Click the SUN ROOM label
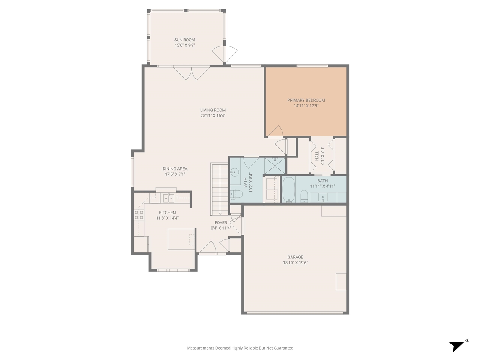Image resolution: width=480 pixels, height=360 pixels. (184, 40)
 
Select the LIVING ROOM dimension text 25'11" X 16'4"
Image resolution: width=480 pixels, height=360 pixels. (213, 116)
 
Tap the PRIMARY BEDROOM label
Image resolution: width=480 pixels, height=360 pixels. (306, 100)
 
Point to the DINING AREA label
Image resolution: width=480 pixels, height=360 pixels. (175, 169)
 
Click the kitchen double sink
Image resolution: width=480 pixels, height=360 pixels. (168, 198)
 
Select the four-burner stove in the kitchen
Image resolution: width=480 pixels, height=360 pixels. (139, 215)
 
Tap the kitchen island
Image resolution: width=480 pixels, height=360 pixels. (181, 239)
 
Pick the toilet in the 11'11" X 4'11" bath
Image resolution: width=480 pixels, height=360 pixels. (304, 196)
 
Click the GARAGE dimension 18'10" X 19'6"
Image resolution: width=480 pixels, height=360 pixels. (295, 263)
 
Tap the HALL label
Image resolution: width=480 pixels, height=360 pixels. (317, 156)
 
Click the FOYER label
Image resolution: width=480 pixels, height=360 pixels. (221, 223)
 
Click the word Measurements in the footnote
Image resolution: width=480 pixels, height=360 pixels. (200, 348)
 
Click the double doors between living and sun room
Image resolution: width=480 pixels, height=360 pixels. (191, 73)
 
